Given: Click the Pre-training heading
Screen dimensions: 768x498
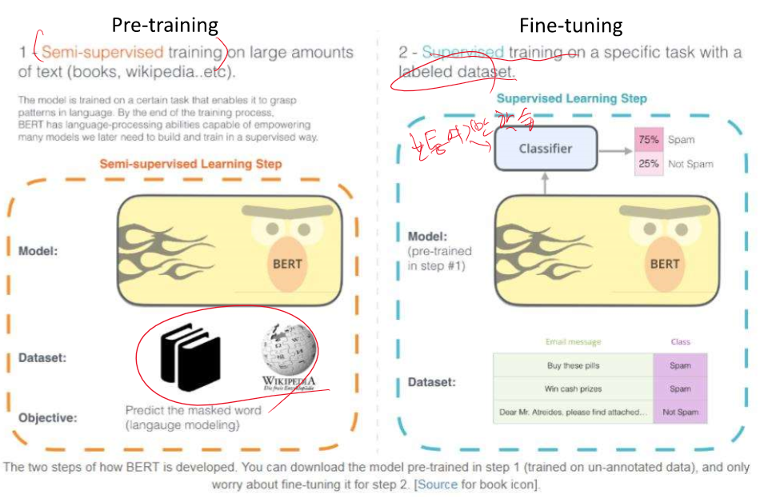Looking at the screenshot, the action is tap(165, 25).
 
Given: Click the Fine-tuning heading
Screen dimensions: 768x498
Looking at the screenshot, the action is tap(570, 26).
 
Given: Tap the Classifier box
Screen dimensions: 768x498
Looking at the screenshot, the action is tap(546, 148).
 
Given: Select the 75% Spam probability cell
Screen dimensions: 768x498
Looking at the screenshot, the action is tap(648, 139).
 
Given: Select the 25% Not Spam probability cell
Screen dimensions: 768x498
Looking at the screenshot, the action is tap(648, 164).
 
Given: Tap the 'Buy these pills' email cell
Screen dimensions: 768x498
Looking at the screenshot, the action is tap(573, 365).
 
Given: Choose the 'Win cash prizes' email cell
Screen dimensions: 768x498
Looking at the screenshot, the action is tap(573, 388).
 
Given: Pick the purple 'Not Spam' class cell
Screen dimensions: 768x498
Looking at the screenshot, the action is tap(680, 412).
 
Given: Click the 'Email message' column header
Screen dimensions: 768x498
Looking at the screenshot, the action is tap(573, 342).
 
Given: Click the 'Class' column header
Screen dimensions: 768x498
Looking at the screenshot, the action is tap(680, 342).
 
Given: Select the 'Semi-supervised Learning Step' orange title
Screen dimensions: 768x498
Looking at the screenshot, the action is tap(190, 164).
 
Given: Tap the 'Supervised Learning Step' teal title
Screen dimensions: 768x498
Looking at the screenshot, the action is tap(571, 98).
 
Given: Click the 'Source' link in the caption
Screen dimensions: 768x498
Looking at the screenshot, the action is tap(437, 484).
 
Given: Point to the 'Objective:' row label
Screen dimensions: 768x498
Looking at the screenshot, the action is tap(47, 417).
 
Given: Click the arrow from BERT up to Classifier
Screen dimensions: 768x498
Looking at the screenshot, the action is tap(545, 183).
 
